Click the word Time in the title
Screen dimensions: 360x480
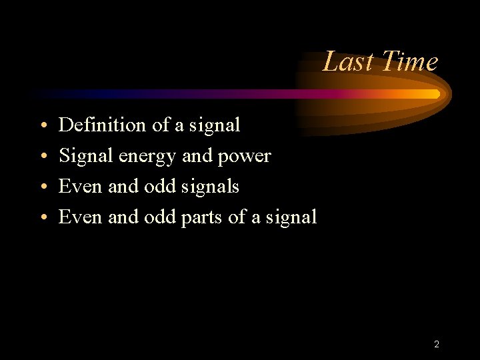[x=410, y=62]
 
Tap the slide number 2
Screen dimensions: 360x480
[x=436, y=345]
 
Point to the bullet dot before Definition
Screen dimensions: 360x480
[x=43, y=125]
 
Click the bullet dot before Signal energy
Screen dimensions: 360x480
[x=43, y=156]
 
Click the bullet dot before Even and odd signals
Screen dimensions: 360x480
[x=43, y=187]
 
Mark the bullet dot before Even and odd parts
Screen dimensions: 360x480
[x=43, y=217]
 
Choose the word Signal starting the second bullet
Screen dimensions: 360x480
[x=87, y=156]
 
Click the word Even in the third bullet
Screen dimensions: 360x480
[x=81, y=187]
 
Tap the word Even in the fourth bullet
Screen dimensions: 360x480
[x=81, y=217]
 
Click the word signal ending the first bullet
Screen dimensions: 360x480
[x=214, y=125]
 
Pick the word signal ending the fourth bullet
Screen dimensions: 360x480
[x=291, y=217]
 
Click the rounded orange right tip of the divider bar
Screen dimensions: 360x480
[x=437, y=94]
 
